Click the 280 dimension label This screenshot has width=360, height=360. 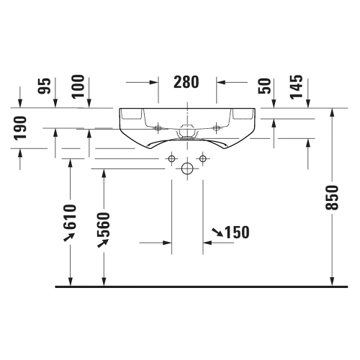click(x=186, y=82)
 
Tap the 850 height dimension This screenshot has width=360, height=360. click(x=332, y=197)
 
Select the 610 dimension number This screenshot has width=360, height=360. click(x=70, y=217)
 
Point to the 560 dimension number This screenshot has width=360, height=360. click(x=104, y=225)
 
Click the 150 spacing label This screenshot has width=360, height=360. click(x=237, y=232)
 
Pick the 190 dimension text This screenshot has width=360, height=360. click(x=20, y=128)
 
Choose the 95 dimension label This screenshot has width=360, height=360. click(x=45, y=86)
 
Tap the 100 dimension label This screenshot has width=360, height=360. click(x=78, y=86)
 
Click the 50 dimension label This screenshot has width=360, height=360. click(x=264, y=86)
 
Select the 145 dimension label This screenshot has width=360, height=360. click(x=297, y=86)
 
